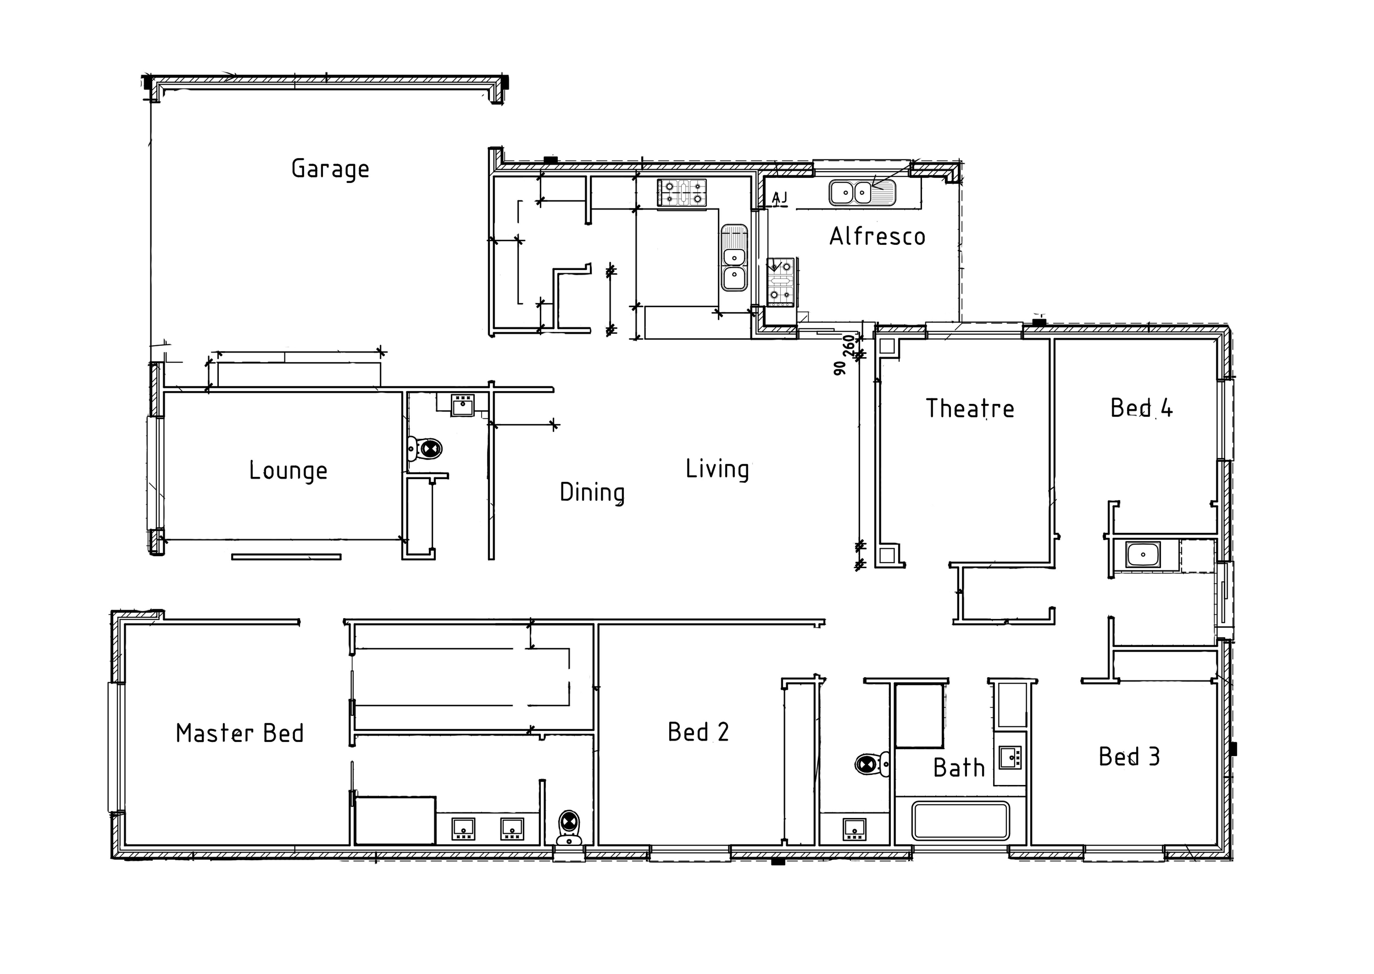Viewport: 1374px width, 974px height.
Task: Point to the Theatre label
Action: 970,408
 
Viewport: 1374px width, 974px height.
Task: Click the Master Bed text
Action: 240,733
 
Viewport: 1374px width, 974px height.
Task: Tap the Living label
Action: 717,469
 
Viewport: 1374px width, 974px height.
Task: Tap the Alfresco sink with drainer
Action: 862,193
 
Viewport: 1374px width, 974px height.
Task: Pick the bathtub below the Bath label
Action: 960,820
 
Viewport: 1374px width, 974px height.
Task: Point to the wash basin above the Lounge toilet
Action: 463,405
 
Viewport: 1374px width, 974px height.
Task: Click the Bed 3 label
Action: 1129,757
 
